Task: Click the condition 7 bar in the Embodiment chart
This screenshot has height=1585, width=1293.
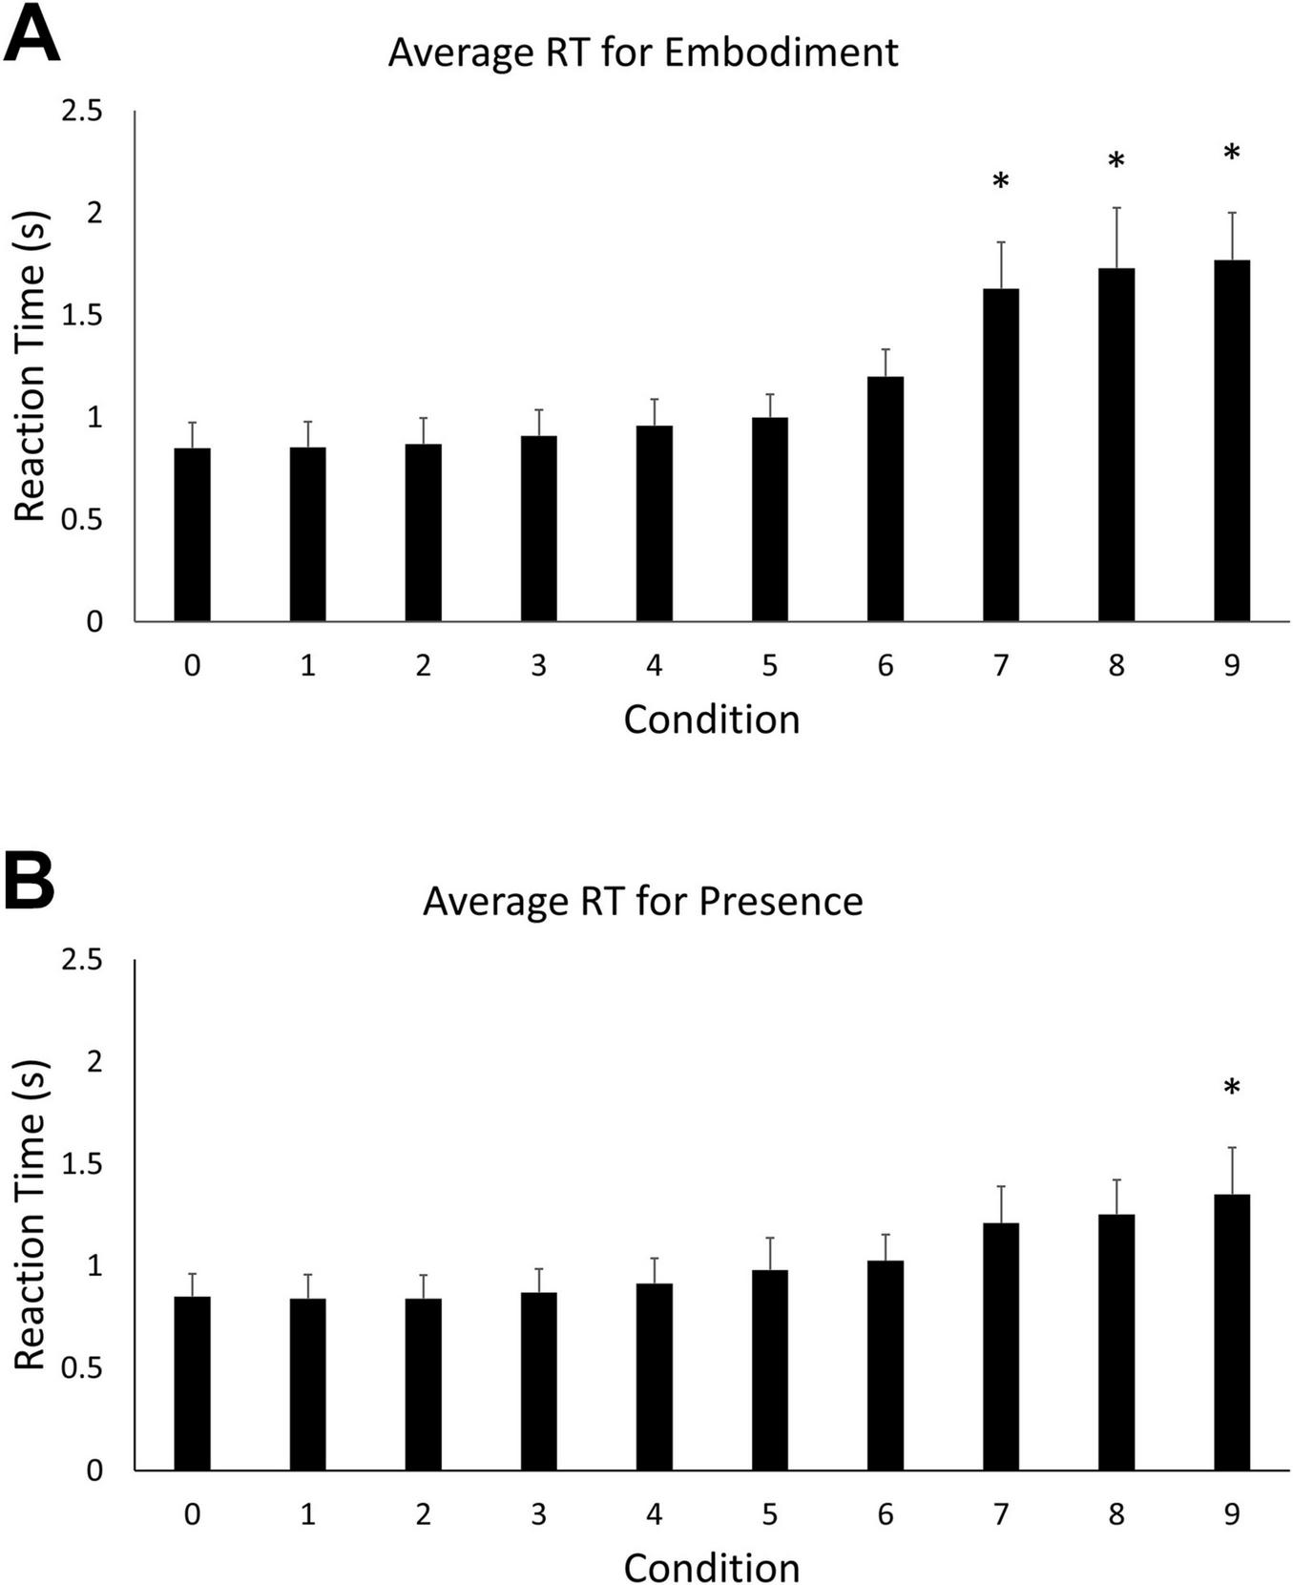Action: click(1000, 455)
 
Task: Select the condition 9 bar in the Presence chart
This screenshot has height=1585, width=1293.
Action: click(1231, 1332)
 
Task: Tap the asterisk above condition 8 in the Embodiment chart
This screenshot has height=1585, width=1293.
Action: click(1116, 162)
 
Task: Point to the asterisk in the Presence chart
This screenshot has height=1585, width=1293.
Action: click(1231, 1088)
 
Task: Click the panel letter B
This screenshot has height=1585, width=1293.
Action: click(30, 886)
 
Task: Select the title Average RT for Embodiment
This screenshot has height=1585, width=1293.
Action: click(642, 52)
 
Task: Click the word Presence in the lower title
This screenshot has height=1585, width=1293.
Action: click(780, 901)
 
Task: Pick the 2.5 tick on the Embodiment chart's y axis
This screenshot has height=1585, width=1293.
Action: click(82, 112)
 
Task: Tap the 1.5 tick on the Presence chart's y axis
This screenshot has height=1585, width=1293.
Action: click(82, 1164)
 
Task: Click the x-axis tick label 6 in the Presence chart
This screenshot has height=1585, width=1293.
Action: click(885, 1514)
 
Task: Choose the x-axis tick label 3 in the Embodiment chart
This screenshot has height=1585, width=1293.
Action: click(538, 665)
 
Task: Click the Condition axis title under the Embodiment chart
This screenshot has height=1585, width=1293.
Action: click(711, 720)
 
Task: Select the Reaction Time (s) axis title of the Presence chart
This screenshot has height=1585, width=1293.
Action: click(31, 1214)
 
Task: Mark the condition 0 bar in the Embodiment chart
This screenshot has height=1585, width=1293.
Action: click(192, 534)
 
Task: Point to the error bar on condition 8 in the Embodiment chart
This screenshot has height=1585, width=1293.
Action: click(1116, 238)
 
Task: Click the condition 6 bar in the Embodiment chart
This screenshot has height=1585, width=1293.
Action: click(885, 499)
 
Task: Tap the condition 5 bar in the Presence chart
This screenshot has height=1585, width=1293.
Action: click(769, 1369)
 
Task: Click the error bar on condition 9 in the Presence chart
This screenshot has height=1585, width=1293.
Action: click(1231, 1170)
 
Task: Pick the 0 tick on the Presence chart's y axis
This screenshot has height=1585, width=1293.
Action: click(94, 1470)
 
